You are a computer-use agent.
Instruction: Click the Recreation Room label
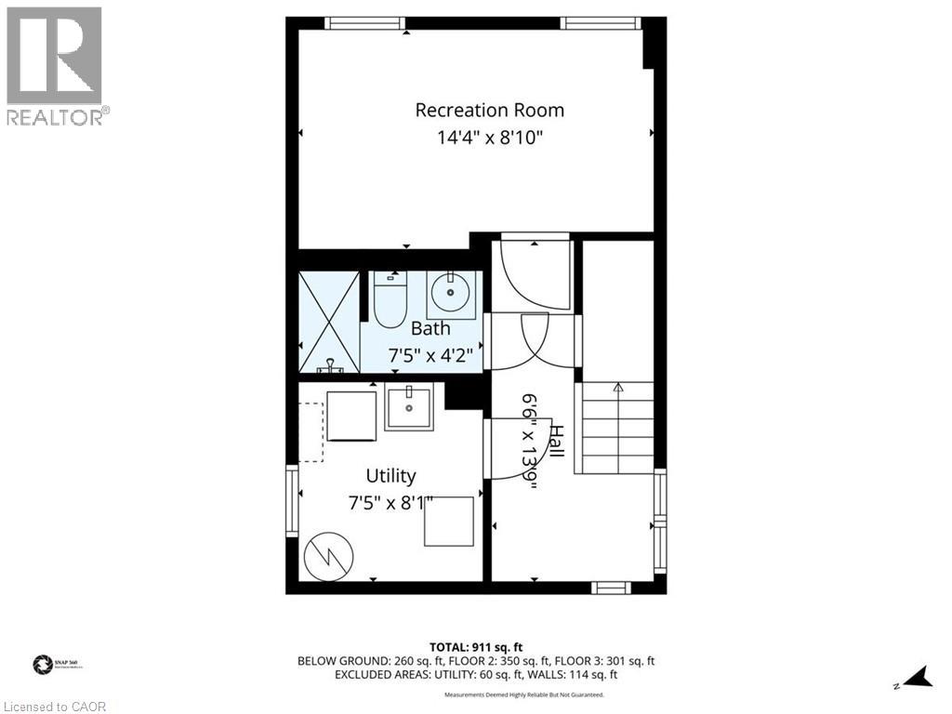coord(489,110)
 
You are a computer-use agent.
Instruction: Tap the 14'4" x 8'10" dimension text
coord(489,139)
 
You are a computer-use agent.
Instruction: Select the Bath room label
coord(430,328)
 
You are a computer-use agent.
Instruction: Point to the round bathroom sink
coord(455,296)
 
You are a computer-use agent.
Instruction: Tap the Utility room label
coord(390,476)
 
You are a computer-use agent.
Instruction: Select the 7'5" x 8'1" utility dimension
coord(390,503)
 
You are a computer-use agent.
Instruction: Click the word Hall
coord(556,441)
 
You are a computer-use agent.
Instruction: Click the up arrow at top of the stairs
coord(618,387)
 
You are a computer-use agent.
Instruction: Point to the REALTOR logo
coord(55,65)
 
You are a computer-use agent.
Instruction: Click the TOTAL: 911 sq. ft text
coord(476,646)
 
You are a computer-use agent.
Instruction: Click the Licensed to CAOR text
coord(54,707)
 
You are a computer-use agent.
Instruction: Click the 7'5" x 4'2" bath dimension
coord(430,354)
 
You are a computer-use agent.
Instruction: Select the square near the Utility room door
coord(449,522)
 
